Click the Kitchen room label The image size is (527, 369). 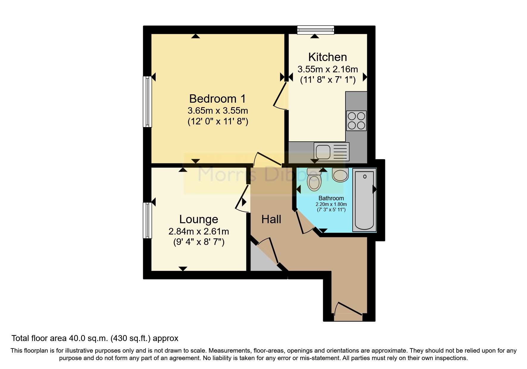coord(327,57)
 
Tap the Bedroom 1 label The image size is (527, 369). coord(217,98)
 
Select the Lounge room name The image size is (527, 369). coord(198,219)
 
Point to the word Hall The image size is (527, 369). coord(271,220)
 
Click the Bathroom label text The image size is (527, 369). coord(331,198)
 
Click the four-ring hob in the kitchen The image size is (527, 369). coord(356,121)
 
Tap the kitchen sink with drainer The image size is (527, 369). coord(331,151)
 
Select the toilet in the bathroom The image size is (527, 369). coord(314,180)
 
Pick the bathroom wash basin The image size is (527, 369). coord(340,175)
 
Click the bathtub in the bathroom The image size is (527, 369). coord(364,200)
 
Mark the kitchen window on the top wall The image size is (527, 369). coord(316,29)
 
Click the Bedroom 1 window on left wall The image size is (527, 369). coord(147,101)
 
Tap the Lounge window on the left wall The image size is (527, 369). coord(147,220)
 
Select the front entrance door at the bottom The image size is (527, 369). coord(348,312)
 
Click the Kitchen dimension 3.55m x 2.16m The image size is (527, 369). coord(327,69)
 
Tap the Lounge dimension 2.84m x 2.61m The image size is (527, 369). coord(198,231)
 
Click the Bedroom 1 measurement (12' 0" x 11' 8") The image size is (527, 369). coord(218,122)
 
